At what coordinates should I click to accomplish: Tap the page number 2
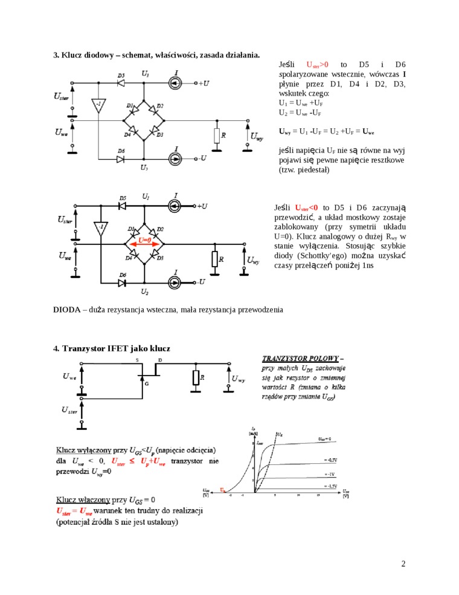click(x=403, y=564)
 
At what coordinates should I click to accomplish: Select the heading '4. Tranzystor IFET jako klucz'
click(x=112, y=348)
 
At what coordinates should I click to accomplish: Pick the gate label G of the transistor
click(x=146, y=383)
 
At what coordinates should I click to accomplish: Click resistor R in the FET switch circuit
click(x=196, y=377)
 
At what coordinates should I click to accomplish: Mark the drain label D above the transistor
click(x=160, y=359)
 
